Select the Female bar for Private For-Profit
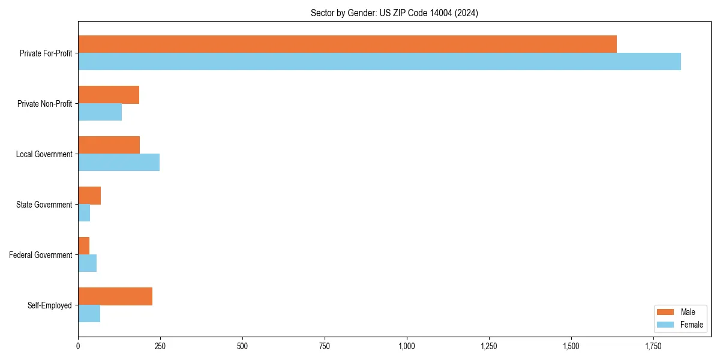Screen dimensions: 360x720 pyautogui.click(x=379, y=62)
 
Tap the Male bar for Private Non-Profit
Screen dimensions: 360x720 pyautogui.click(x=109, y=95)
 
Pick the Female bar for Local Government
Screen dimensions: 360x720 pyautogui.click(x=119, y=163)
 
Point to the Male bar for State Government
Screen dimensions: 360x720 pyautogui.click(x=89, y=196)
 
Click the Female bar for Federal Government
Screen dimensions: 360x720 pyautogui.click(x=88, y=263)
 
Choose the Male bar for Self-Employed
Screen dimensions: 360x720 pyautogui.click(x=115, y=296)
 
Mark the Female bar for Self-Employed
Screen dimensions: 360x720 pyautogui.click(x=89, y=314)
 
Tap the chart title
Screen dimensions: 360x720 pyautogui.click(x=394, y=13)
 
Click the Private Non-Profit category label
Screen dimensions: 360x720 pyautogui.click(x=44, y=104)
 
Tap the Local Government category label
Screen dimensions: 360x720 pyautogui.click(x=44, y=154)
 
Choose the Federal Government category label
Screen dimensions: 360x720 pyautogui.click(x=41, y=255)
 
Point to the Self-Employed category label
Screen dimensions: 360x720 pyautogui.click(x=50, y=305)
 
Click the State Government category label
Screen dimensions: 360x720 pyautogui.click(x=44, y=205)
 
